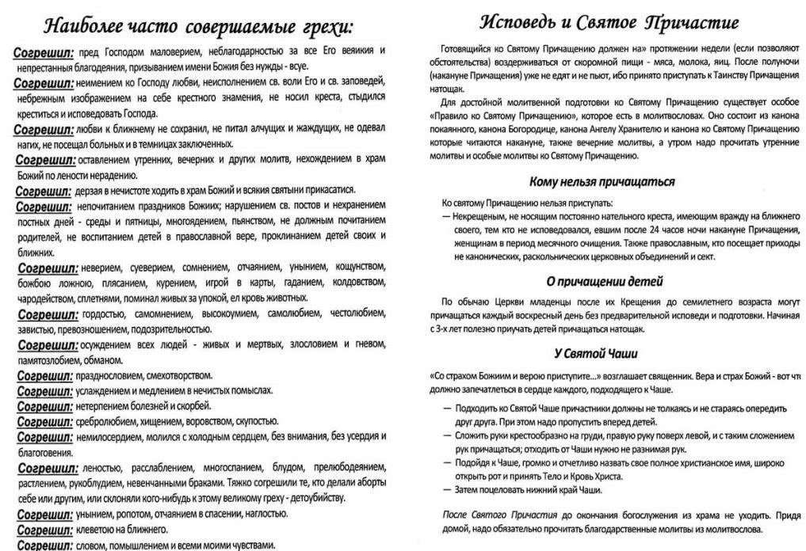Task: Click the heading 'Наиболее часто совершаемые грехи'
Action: pyautogui.click(x=197, y=25)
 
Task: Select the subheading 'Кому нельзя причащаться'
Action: pyautogui.click(x=602, y=181)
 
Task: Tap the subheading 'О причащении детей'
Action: pyautogui.click(x=604, y=281)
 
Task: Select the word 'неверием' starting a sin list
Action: pyautogui.click(x=99, y=268)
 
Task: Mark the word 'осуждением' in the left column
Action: pyautogui.click(x=104, y=344)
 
